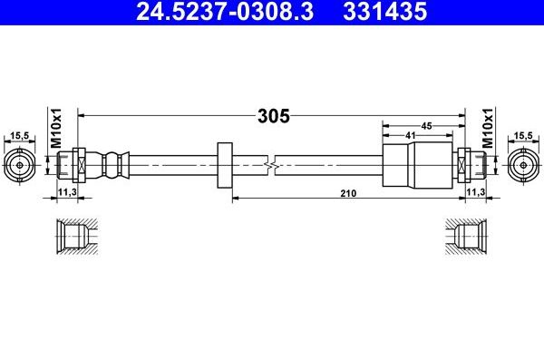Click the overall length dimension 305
272,116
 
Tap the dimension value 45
423,126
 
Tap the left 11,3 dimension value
67,193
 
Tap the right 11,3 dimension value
474,193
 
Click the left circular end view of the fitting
19,165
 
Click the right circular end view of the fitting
524,165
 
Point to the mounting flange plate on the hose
225,165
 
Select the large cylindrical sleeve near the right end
417,165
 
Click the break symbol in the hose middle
269,165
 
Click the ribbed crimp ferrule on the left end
116,165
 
